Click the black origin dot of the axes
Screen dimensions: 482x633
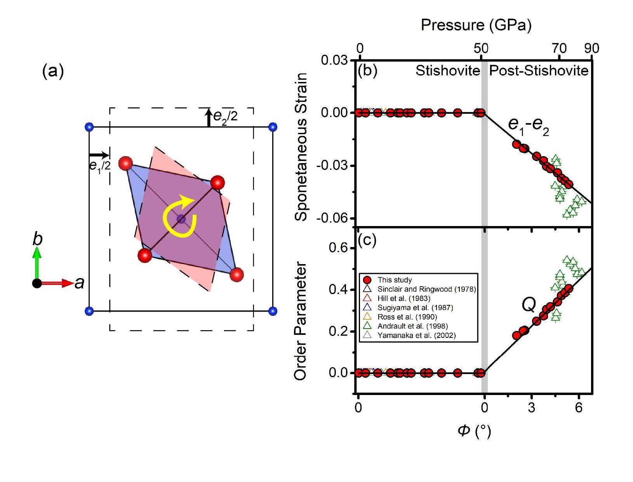tap(37, 283)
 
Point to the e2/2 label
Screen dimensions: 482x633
tap(225, 115)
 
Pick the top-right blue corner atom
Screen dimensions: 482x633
tap(273, 127)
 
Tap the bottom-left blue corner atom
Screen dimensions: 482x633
tap(89, 311)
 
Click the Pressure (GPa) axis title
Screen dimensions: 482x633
tap(476, 25)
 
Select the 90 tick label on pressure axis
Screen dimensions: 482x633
tap(591, 49)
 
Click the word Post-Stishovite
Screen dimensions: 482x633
tap(539, 71)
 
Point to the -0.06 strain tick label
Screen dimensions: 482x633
tap(332, 218)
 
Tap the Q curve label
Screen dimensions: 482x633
tap(529, 305)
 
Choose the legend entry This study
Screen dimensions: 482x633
tap(394, 280)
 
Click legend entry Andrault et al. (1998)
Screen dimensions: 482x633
tap(412, 326)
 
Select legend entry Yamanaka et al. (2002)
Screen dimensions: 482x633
tap(416, 336)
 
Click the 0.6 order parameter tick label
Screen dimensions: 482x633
tap(338, 248)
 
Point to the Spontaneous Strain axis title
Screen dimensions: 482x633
tap(301, 148)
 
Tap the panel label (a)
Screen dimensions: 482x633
tap(53, 71)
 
